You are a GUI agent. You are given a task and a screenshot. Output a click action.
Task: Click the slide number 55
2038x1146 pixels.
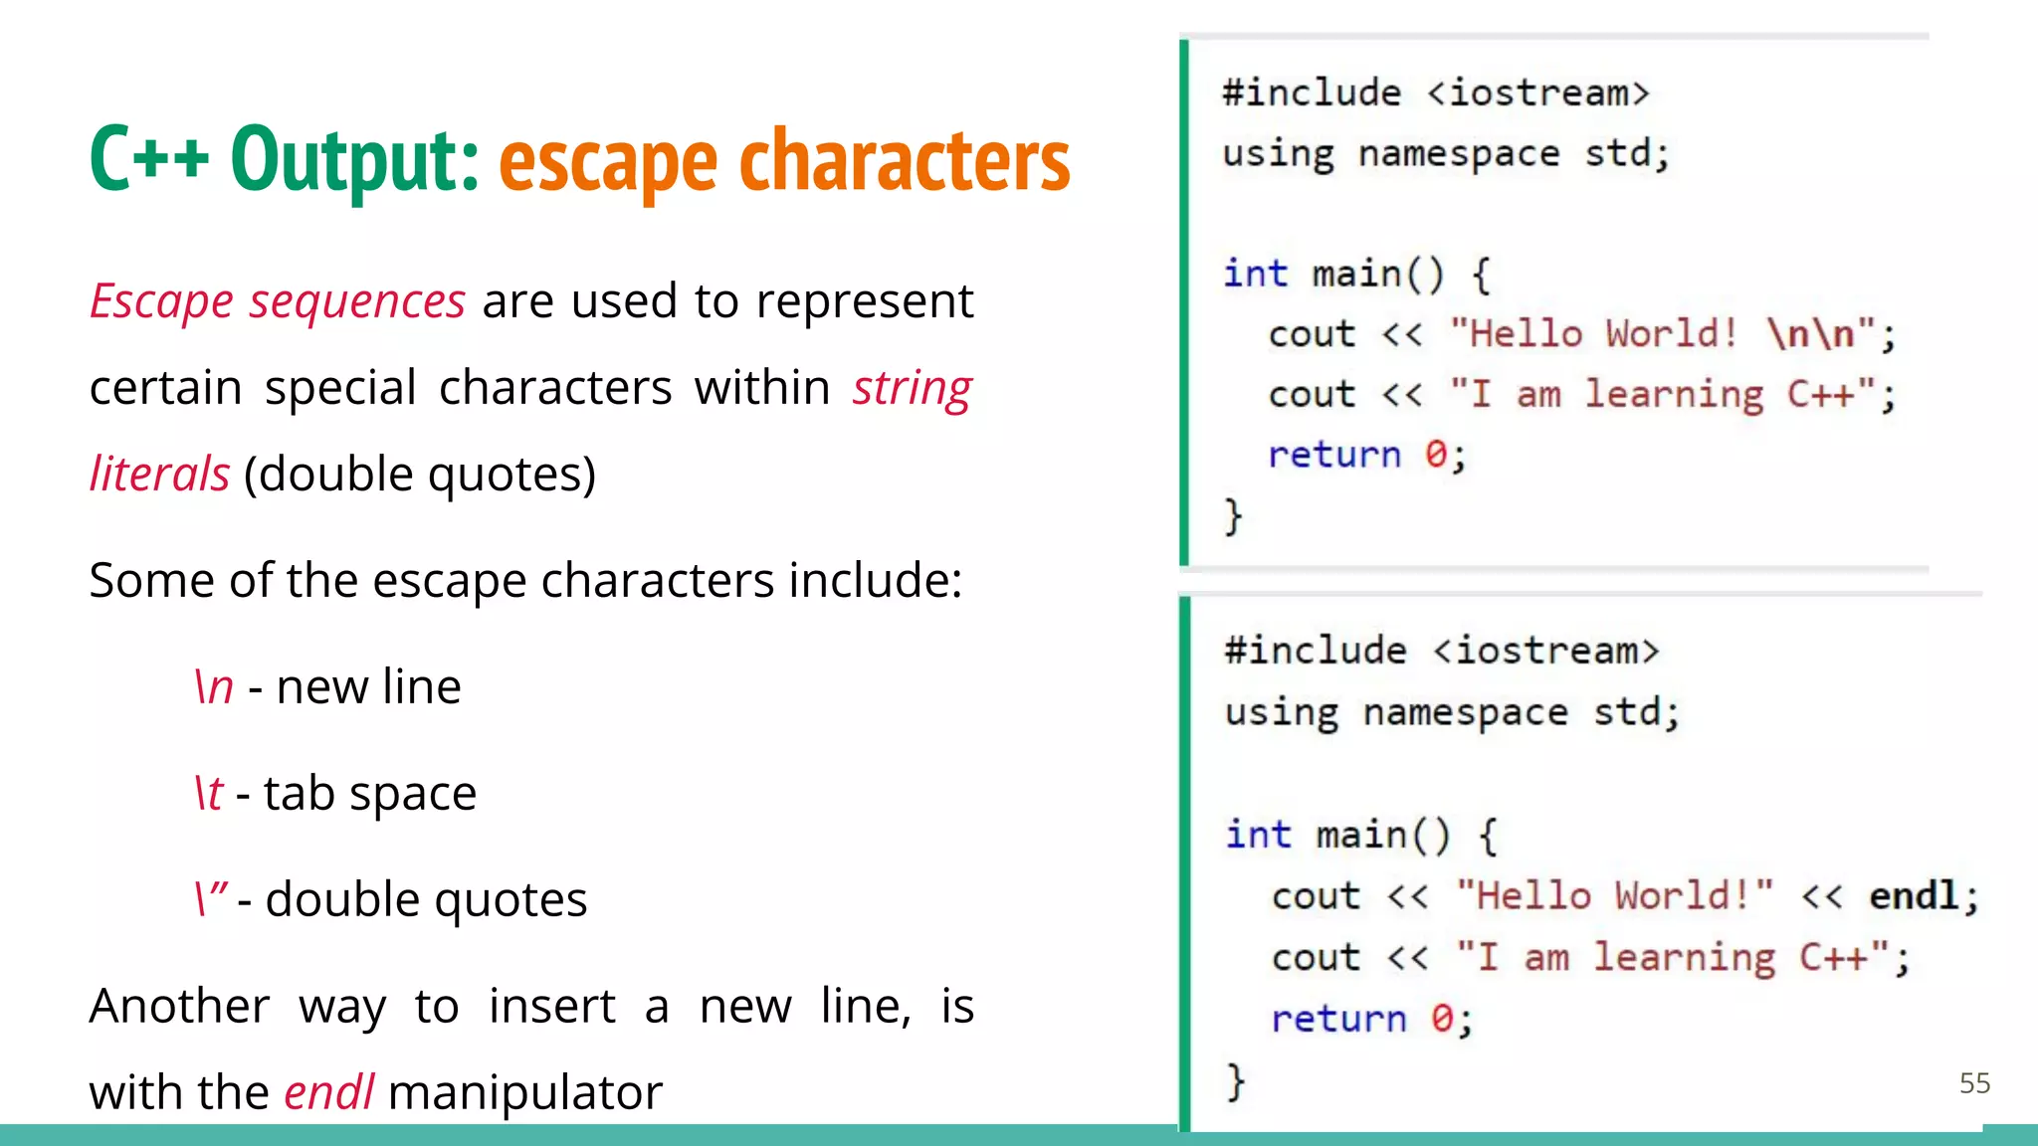(1974, 1083)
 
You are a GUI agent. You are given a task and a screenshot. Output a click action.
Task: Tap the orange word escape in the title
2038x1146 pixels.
(608, 161)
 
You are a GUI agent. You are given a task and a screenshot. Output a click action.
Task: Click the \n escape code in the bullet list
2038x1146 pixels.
(214, 686)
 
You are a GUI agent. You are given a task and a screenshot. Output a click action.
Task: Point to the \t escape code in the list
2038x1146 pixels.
(209, 793)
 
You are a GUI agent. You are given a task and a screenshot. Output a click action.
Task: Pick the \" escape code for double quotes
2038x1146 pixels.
(211, 898)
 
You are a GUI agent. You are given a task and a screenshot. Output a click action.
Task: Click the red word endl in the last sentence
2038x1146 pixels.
(328, 1092)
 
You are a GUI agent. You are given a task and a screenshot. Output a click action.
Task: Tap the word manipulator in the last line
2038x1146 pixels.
(524, 1092)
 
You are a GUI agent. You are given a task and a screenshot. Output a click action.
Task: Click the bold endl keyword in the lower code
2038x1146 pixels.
(1914, 895)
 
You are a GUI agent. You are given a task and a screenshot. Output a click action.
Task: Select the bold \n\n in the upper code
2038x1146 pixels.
(1811, 333)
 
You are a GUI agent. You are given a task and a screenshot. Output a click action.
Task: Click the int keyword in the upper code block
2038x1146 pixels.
(1255, 274)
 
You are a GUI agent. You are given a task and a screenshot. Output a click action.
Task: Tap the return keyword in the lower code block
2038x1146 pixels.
(1338, 1018)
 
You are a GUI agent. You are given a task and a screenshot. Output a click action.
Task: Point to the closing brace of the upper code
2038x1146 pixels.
(1233, 516)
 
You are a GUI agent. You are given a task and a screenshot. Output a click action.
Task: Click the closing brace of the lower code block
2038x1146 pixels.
(1236, 1080)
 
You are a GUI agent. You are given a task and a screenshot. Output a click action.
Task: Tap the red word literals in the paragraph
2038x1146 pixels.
(159, 474)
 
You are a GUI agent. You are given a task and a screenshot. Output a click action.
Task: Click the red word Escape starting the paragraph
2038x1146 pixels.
(160, 300)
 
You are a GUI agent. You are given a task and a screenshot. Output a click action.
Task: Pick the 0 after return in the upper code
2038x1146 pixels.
(1435, 455)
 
